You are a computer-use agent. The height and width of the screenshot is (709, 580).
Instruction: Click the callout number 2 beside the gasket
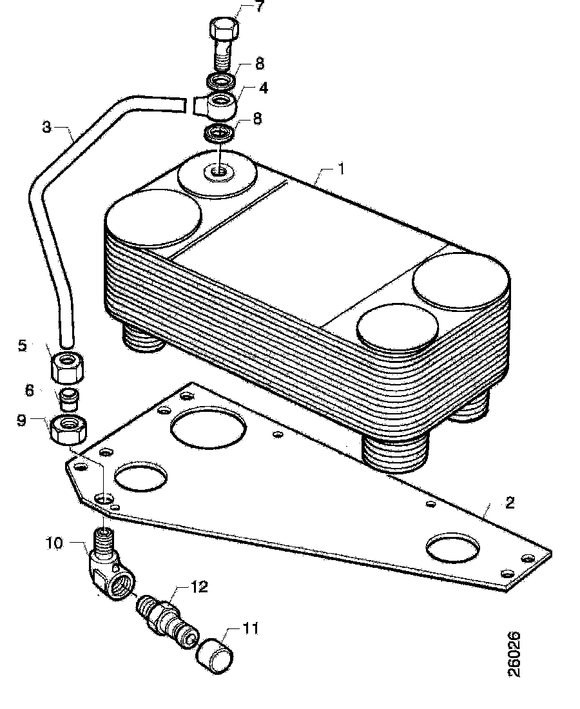coord(510,503)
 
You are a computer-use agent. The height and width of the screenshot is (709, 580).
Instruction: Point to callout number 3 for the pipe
coord(46,127)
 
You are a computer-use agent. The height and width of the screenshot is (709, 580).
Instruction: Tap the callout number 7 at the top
coord(258,7)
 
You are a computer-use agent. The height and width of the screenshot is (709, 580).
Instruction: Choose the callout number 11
coord(250,628)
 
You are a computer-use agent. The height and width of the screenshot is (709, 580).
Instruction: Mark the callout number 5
coord(22,346)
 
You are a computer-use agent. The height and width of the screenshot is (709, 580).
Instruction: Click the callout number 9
coord(21,420)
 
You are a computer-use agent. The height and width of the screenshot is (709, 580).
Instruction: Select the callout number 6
coord(30,390)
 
